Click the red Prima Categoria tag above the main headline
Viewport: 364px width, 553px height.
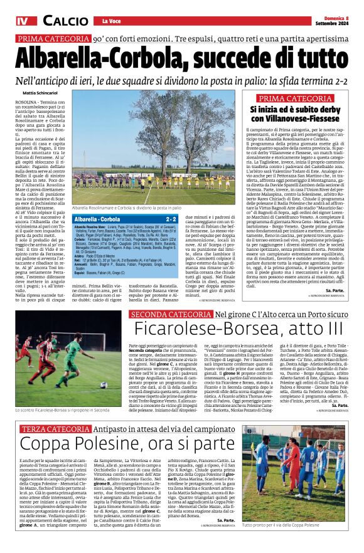point(53,38)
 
